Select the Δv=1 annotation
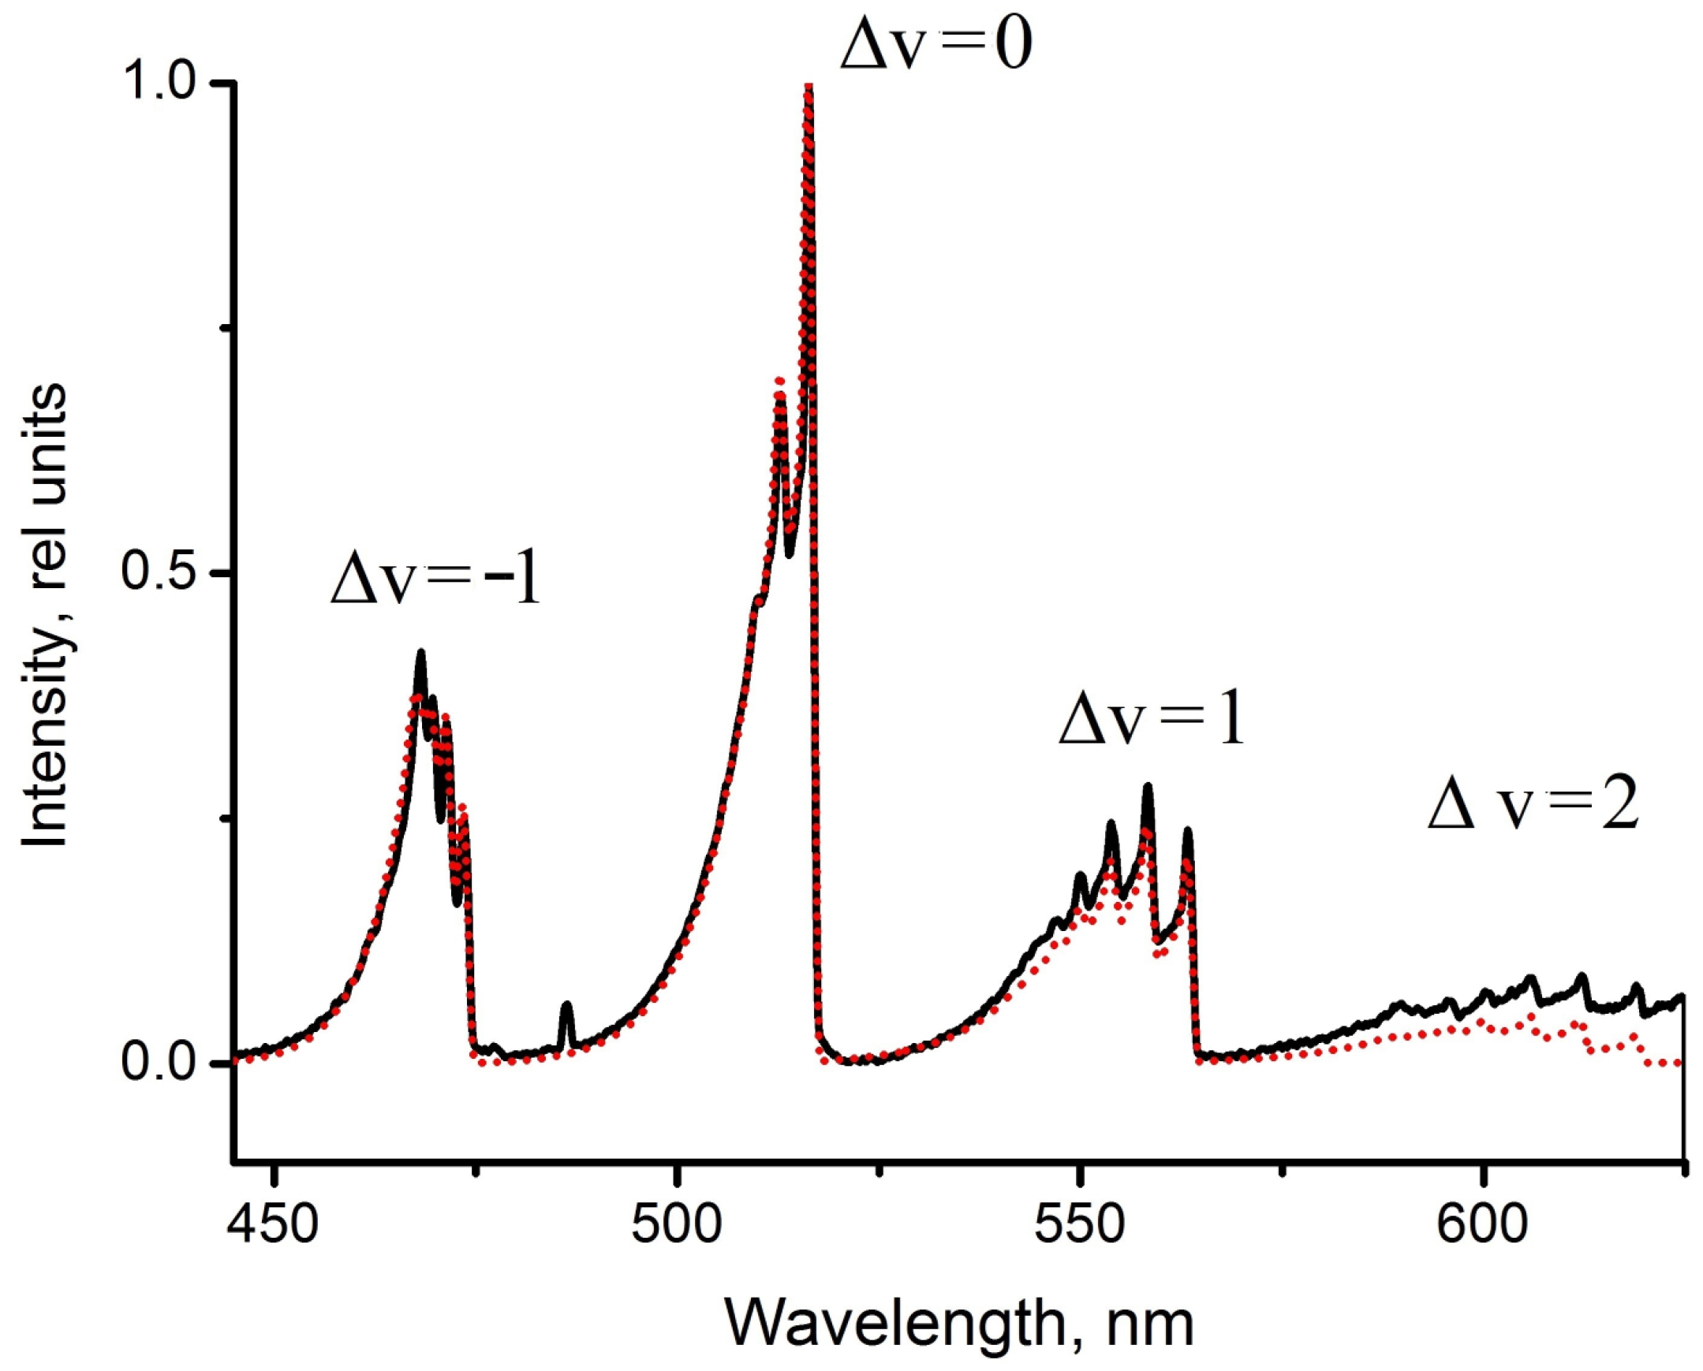coord(1152,724)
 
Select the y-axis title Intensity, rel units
coord(46,615)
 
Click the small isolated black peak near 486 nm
coord(566,1006)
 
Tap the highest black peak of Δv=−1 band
coord(421,652)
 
